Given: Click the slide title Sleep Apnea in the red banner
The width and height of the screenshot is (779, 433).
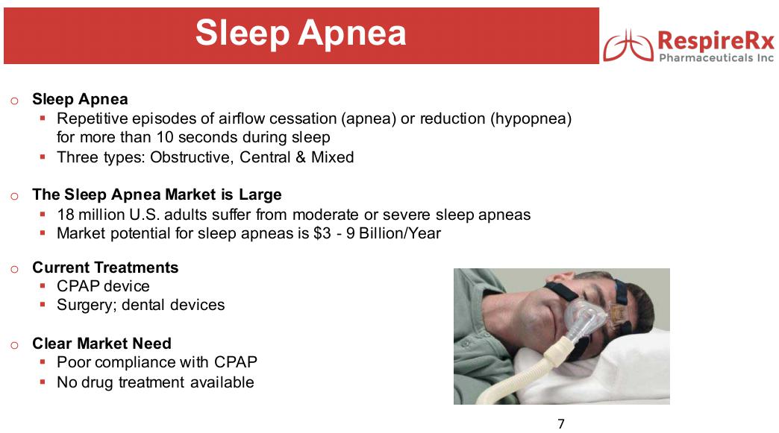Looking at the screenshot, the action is tap(301, 34).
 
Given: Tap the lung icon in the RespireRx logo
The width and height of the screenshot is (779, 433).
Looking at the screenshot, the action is tap(628, 46).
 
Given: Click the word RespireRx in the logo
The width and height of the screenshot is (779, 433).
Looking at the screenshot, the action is tap(716, 40).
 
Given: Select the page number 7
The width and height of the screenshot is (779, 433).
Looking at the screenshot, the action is tap(561, 423).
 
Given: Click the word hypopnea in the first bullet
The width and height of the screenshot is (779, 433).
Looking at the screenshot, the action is tap(531, 119).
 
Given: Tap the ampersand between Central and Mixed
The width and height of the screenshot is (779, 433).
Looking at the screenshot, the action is tap(300, 157).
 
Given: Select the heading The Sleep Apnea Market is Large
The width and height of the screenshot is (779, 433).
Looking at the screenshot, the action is tap(157, 195).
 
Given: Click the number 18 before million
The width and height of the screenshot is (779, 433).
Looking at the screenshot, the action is tap(66, 215).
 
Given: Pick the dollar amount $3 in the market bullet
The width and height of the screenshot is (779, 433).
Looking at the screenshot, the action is tap(322, 233).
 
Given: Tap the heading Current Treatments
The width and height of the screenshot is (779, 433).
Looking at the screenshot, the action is tap(105, 268).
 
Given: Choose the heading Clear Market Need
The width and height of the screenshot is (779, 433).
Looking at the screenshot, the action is tap(101, 344).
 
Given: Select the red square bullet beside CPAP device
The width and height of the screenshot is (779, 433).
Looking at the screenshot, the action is tap(43, 285).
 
